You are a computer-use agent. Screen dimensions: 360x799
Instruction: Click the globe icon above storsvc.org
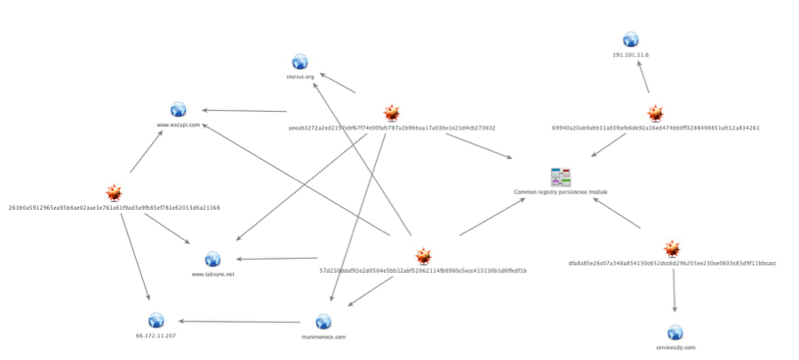[300, 61]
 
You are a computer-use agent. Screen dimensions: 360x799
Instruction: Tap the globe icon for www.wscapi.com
[178, 109]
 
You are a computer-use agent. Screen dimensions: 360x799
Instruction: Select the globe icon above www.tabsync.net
[212, 260]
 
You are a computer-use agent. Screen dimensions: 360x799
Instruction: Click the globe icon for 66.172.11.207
[156, 321]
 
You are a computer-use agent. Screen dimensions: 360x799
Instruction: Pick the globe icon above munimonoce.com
[323, 322]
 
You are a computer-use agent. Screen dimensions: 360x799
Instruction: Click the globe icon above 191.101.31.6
[630, 39]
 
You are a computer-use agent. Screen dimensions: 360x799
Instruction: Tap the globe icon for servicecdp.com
[675, 332]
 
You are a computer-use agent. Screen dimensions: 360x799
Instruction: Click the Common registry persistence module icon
[560, 176]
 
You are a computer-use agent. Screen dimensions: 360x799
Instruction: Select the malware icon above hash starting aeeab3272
[391, 113]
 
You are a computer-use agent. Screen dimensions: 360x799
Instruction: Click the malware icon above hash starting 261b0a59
[114, 193]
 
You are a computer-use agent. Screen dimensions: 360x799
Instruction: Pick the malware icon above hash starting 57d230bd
[423, 256]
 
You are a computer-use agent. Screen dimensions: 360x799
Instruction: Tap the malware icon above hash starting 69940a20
[655, 113]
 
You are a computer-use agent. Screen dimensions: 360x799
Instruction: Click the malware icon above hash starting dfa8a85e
[673, 248]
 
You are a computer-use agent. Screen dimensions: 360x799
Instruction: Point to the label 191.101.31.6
[630, 55]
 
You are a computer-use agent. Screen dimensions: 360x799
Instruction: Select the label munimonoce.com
[323, 337]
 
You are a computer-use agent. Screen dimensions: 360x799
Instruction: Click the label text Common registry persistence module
[560, 191]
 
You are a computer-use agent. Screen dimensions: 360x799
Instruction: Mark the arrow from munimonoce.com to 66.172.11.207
[240, 321]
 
